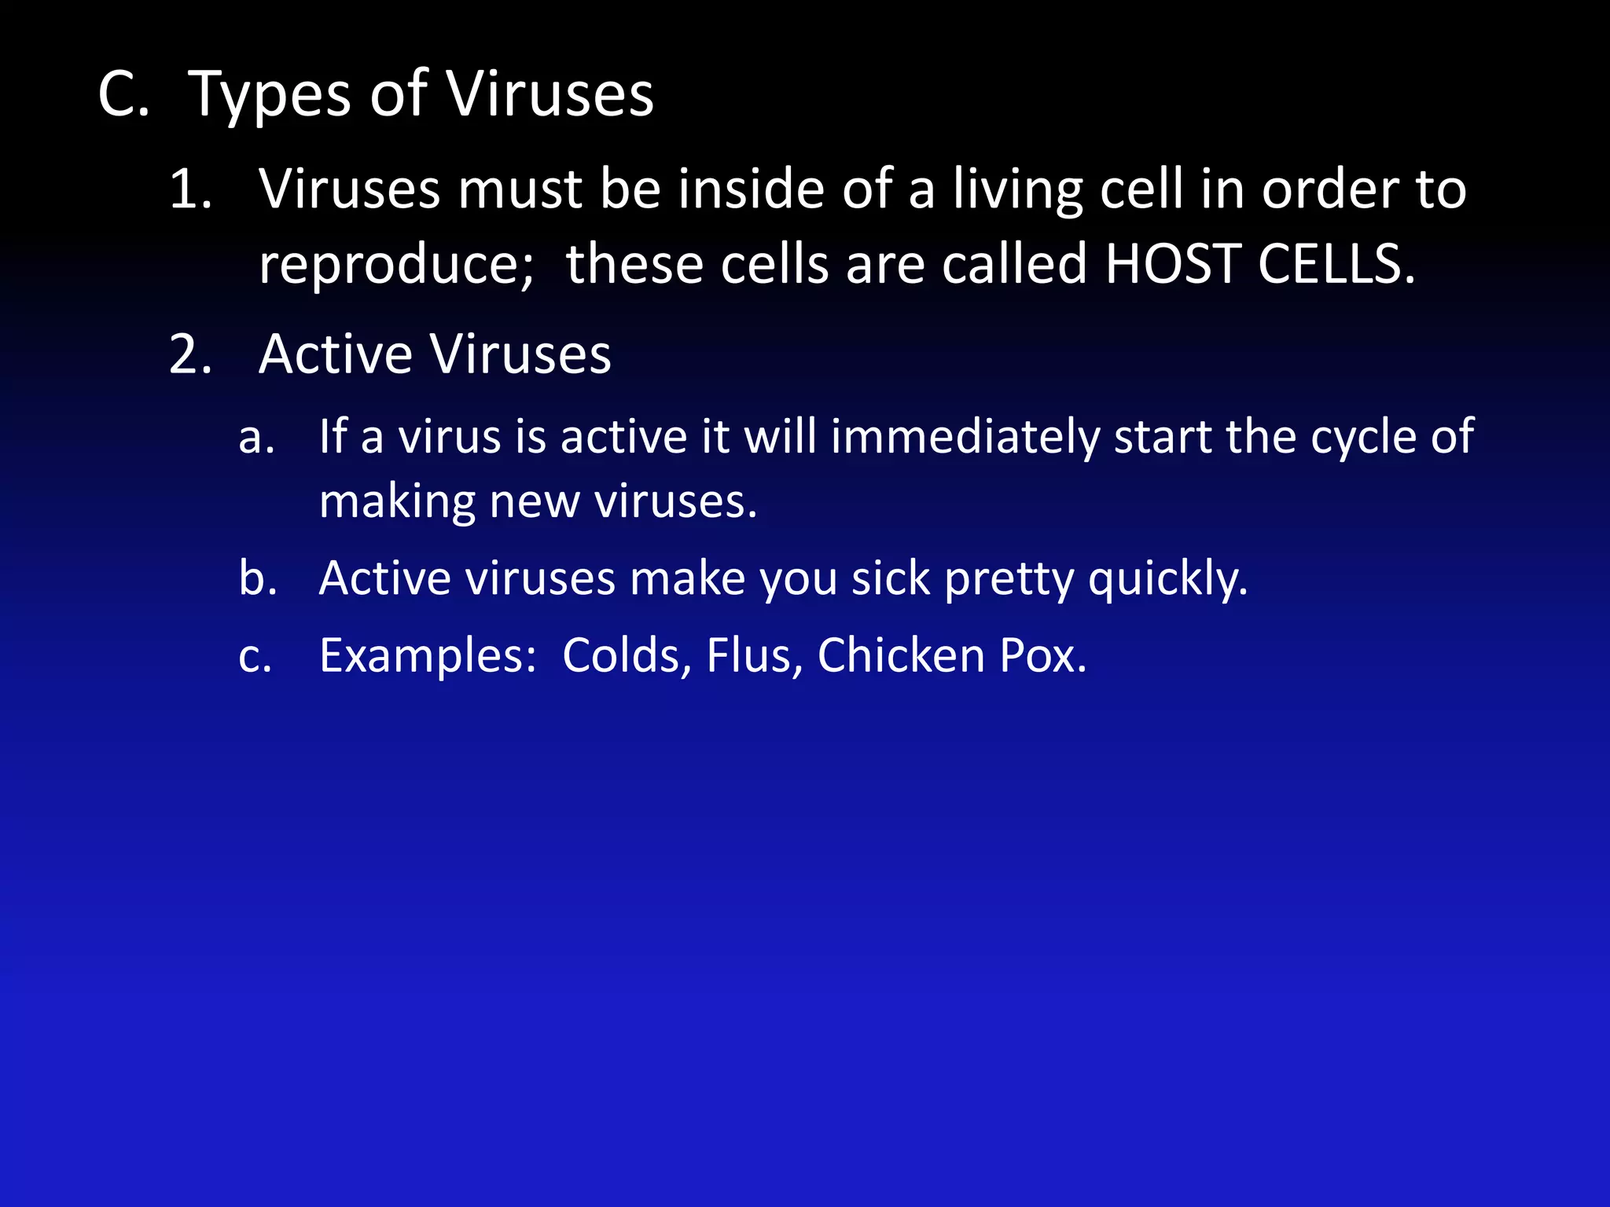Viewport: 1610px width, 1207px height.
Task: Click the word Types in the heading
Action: pos(270,96)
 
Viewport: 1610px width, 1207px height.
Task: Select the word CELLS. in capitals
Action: pos(1336,264)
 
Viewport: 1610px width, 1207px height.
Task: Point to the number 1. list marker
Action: pos(191,190)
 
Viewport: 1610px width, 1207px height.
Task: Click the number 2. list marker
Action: pos(191,355)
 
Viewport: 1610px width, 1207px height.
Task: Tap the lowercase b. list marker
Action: pos(258,578)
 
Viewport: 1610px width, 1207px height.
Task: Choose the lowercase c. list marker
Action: pos(255,657)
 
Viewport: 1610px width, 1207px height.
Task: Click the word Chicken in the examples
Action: pos(901,655)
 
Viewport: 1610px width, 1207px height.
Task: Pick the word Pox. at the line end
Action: pos(1043,655)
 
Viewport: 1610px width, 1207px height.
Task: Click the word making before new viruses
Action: pos(397,503)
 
